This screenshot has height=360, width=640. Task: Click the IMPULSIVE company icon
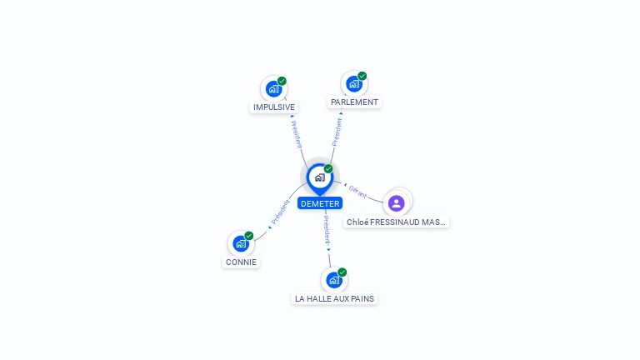(273, 89)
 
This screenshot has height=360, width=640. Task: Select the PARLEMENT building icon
(354, 84)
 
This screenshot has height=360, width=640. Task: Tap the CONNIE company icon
(241, 243)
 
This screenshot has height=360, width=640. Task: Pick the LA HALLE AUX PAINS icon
(334, 280)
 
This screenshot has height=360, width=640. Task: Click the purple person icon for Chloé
(396, 203)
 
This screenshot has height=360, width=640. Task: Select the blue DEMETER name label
(320, 203)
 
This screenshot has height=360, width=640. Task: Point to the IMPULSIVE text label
(274, 107)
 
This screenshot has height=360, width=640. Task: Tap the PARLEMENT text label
(354, 102)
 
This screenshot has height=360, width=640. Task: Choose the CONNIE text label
(241, 262)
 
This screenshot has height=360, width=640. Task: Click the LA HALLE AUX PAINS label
(334, 299)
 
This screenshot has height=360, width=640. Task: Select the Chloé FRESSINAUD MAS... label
(396, 222)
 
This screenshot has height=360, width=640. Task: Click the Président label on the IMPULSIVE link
(297, 134)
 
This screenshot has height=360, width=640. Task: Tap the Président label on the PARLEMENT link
(337, 132)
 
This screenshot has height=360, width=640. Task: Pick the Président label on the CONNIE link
(280, 212)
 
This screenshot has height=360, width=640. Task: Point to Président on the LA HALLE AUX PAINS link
(327, 230)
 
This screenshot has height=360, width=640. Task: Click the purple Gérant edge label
(357, 192)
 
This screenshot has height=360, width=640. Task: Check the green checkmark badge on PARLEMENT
(362, 76)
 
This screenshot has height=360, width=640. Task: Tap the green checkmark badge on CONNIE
(249, 236)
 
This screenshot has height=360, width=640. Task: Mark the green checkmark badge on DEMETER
(328, 168)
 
